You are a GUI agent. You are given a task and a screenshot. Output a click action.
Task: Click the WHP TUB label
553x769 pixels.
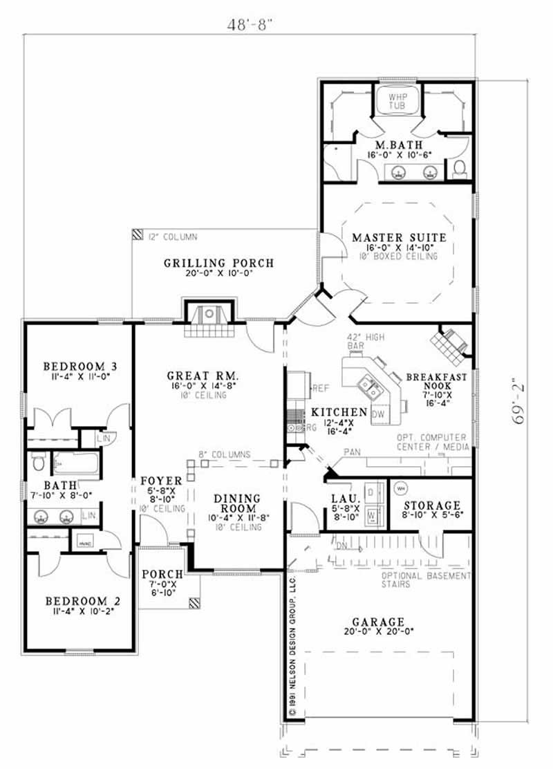click(x=397, y=101)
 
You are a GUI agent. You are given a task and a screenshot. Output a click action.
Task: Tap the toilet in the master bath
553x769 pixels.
click(x=459, y=168)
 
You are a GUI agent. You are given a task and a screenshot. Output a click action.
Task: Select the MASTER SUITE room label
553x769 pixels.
click(x=399, y=238)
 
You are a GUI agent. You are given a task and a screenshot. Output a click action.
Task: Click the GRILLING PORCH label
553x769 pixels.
click(x=218, y=263)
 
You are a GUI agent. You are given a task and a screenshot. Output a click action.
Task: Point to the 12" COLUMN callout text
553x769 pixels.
click(x=172, y=237)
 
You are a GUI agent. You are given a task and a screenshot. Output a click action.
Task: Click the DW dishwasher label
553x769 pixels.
click(x=378, y=414)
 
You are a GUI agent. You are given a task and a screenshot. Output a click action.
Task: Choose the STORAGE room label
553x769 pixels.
click(x=432, y=506)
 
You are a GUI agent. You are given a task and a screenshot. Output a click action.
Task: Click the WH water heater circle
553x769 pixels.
click(x=400, y=489)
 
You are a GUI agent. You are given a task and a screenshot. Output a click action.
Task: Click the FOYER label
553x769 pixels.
click(x=161, y=481)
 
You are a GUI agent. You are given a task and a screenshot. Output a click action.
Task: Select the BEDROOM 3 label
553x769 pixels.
click(x=79, y=366)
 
